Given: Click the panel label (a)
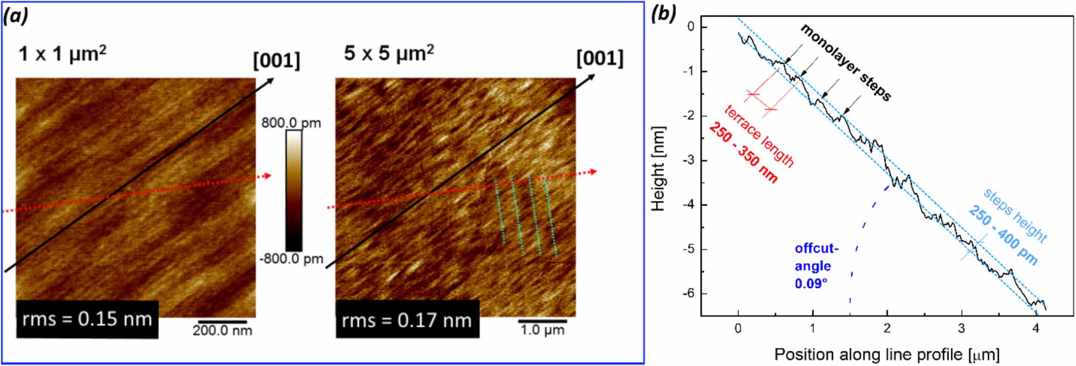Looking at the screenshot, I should (x=15, y=16).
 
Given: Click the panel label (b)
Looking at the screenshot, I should (x=664, y=14).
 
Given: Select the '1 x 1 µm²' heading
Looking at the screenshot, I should (x=63, y=54).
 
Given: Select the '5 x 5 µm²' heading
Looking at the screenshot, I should (x=389, y=53).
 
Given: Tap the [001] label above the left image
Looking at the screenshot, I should (x=277, y=60).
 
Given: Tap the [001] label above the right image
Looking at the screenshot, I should (x=600, y=58).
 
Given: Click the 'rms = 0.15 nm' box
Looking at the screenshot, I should (x=87, y=319).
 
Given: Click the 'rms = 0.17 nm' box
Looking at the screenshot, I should (x=407, y=320).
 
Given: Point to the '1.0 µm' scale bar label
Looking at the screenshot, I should (x=542, y=330).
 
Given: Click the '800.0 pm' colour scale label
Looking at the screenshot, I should (x=291, y=123).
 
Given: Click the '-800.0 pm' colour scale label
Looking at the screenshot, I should (x=291, y=259).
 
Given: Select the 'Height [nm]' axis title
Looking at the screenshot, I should (x=658, y=169).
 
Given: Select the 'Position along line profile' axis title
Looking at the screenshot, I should (x=886, y=354).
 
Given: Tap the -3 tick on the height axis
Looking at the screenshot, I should (x=690, y=160).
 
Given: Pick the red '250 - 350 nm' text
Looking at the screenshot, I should (x=743, y=153).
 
